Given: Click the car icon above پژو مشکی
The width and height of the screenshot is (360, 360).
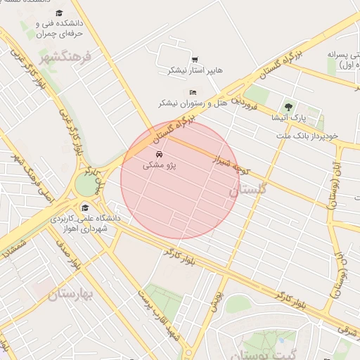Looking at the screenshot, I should [159, 154].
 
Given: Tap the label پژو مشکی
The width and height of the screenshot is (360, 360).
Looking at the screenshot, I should [160, 165].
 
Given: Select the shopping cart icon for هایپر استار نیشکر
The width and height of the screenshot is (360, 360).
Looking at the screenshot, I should [195, 60].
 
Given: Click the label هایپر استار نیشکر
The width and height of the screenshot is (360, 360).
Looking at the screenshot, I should [195, 71].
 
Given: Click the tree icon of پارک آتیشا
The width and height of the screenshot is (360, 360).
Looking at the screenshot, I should [288, 107].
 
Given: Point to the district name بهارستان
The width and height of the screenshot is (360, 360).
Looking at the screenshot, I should [71, 295].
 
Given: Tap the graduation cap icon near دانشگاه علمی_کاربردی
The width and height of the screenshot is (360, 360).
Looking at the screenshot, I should [85, 207].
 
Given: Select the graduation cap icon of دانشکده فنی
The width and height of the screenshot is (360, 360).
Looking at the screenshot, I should [59, 13].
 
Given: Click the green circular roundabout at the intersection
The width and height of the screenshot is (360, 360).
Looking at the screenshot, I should [85, 185].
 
